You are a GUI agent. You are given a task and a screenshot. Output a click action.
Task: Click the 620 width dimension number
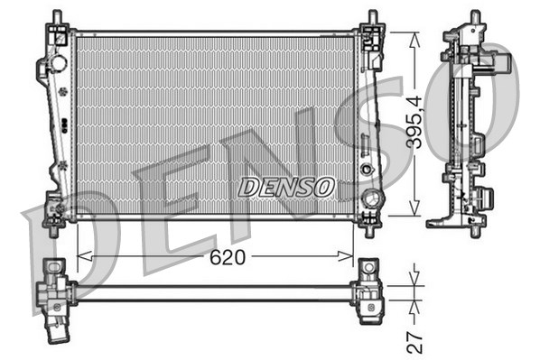228,257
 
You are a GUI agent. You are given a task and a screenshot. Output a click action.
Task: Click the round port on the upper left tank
58,64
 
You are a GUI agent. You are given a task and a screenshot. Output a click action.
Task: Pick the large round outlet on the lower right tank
368,198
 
